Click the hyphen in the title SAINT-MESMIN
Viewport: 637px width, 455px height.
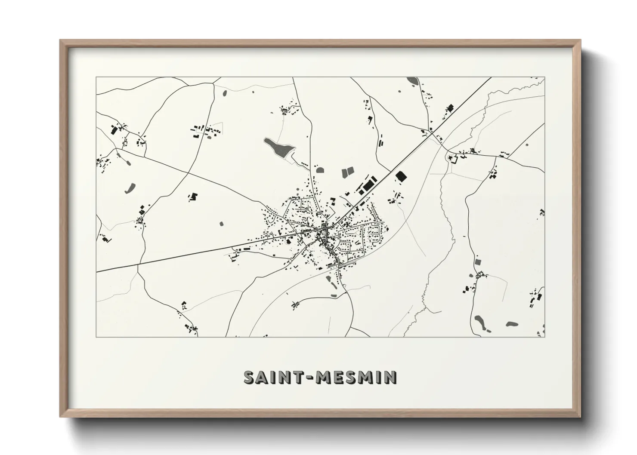[x=309, y=378]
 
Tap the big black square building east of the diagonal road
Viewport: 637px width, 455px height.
[x=401, y=176]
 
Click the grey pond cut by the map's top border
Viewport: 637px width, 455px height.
[x=412, y=80]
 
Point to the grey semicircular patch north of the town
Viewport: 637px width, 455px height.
[x=319, y=169]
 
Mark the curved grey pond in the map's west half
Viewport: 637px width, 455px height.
[x=130, y=188]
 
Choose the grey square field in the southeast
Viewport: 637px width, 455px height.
[x=477, y=261]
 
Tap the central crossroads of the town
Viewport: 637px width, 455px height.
[x=326, y=228]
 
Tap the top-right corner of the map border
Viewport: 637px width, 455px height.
[x=544, y=77]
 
